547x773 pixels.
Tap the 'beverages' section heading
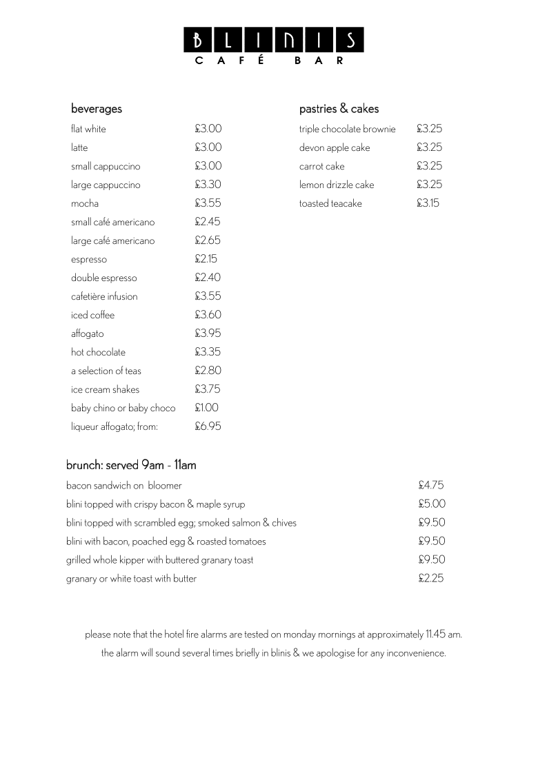(x=97, y=109)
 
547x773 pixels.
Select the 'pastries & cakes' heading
(x=339, y=109)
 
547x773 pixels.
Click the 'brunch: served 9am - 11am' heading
(x=131, y=465)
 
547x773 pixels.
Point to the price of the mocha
(x=208, y=203)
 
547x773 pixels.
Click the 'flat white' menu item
(x=88, y=129)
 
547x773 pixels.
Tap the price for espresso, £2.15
(x=206, y=259)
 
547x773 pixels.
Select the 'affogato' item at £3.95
(x=88, y=334)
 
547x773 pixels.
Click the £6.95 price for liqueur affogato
(x=208, y=426)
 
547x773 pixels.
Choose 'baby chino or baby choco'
(x=123, y=408)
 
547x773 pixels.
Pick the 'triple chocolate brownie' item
(x=347, y=129)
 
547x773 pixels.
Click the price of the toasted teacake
(x=428, y=203)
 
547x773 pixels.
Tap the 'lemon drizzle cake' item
(x=337, y=185)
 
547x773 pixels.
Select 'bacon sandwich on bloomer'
(x=123, y=486)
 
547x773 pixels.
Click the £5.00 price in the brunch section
(x=432, y=504)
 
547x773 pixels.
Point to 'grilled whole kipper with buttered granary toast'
(x=159, y=560)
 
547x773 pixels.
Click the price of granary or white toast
(x=431, y=579)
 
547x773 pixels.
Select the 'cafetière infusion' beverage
(x=104, y=297)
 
